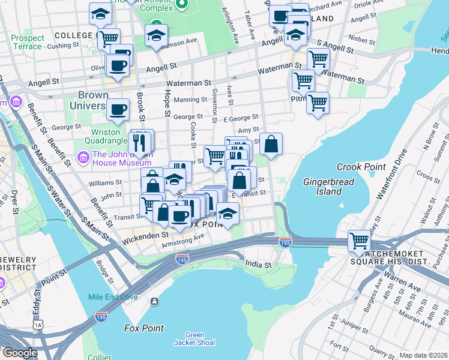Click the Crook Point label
pyautogui.click(x=356, y=167)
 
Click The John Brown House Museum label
pyautogui.click(x=122, y=158)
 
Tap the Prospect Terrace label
pyautogui.click(x=28, y=42)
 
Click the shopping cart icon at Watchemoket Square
pyautogui.click(x=359, y=241)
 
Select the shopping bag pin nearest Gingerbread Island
pyautogui.click(x=271, y=144)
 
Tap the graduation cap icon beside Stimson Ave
pyautogui.click(x=156, y=35)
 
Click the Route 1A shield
pyautogui.click(x=39, y=324)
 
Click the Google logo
pyautogui.click(x=20, y=353)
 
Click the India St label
pyautogui.click(x=259, y=263)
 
